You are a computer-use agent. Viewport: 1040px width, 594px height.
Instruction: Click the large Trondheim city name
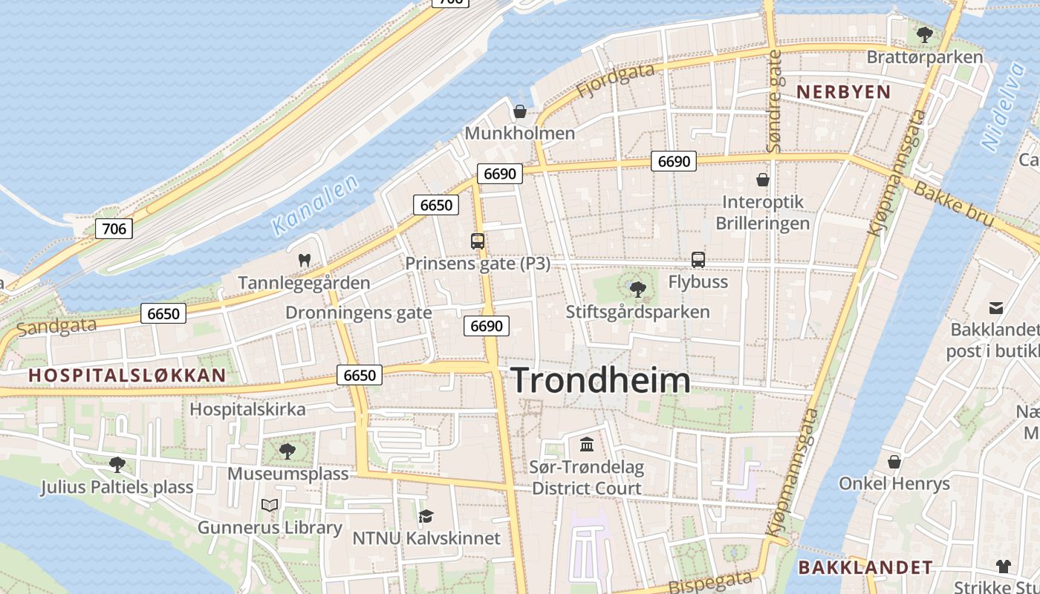click(x=601, y=380)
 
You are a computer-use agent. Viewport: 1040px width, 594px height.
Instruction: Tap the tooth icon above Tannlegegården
click(x=304, y=261)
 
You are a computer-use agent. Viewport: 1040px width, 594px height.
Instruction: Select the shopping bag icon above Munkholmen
click(x=520, y=111)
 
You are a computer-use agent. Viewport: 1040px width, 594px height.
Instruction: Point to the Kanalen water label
click(x=316, y=205)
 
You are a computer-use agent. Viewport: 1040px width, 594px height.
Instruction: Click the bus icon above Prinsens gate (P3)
click(x=478, y=241)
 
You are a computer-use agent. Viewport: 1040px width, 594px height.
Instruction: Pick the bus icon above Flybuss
click(x=698, y=260)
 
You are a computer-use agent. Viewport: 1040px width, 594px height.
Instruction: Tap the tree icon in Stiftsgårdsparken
click(x=637, y=289)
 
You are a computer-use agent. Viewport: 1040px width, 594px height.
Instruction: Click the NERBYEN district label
click(x=843, y=92)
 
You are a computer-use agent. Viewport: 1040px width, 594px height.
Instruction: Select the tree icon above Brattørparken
click(x=925, y=34)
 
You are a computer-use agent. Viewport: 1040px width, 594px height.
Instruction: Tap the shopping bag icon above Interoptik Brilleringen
click(x=762, y=180)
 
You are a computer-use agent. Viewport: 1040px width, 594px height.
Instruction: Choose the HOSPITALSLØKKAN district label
click(x=127, y=376)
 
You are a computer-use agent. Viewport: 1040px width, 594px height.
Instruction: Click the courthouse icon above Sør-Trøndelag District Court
click(x=587, y=445)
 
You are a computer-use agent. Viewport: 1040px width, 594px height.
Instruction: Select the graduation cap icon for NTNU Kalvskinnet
click(x=426, y=516)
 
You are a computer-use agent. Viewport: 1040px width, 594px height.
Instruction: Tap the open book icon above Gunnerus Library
click(x=270, y=506)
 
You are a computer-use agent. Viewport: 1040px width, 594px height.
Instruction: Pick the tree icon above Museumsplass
click(x=287, y=451)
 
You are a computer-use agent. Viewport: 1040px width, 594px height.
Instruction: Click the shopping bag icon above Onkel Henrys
click(x=894, y=462)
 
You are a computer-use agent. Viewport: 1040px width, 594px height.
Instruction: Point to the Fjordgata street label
click(x=616, y=79)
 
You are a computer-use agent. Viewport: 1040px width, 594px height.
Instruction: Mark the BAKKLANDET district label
click(x=865, y=568)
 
